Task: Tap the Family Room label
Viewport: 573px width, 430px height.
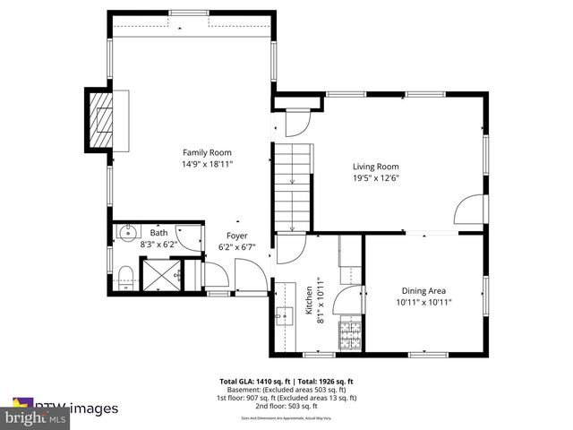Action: pyautogui.click(x=207, y=152)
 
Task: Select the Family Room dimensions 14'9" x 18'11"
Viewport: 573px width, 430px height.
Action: pyautogui.click(x=207, y=165)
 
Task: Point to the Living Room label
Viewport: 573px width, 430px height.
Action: pyautogui.click(x=375, y=167)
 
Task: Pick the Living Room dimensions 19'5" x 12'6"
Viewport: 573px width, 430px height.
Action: pyautogui.click(x=375, y=178)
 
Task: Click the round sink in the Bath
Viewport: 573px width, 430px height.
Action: pyautogui.click(x=127, y=236)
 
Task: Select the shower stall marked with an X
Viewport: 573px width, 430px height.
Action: pyautogui.click(x=158, y=271)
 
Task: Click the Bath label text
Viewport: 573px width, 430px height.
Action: pyautogui.click(x=158, y=233)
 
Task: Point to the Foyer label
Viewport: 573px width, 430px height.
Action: pyautogui.click(x=236, y=236)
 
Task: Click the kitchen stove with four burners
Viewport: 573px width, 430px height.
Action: pyautogui.click(x=349, y=337)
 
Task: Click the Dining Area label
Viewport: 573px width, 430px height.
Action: pyautogui.click(x=423, y=290)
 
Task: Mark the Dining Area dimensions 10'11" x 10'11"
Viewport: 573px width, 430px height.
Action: pyautogui.click(x=423, y=303)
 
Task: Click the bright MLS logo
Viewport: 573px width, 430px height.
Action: pyautogui.click(x=36, y=418)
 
